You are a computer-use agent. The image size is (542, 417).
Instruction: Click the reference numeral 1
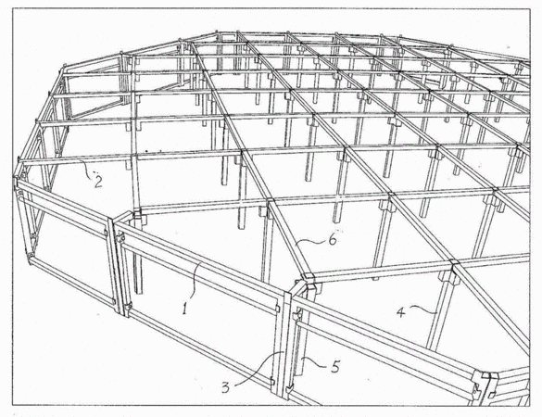click(185, 308)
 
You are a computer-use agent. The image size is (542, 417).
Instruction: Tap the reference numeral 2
click(98, 182)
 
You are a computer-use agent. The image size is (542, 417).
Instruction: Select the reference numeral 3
click(225, 388)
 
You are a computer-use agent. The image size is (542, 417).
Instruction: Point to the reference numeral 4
click(400, 312)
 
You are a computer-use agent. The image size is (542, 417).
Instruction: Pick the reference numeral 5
click(335, 367)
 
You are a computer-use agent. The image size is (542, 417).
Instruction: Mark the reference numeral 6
click(333, 239)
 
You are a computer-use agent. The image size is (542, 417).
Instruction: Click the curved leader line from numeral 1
click(195, 281)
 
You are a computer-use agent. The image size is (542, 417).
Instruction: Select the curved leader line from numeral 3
click(260, 368)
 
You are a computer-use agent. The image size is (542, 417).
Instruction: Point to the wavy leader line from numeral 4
click(423, 309)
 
